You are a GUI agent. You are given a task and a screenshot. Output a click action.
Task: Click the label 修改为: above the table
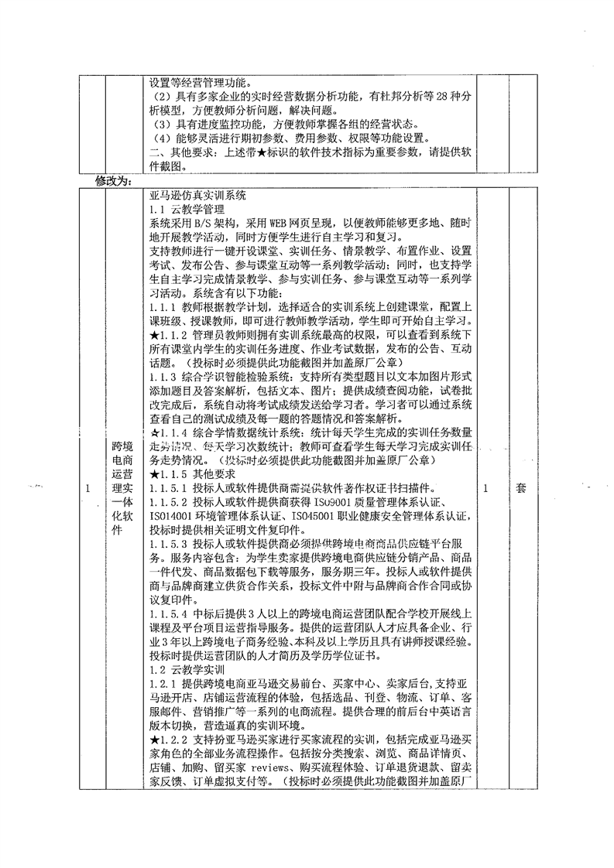[x=114, y=183]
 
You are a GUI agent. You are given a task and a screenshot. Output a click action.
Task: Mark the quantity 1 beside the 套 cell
[x=485, y=489]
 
